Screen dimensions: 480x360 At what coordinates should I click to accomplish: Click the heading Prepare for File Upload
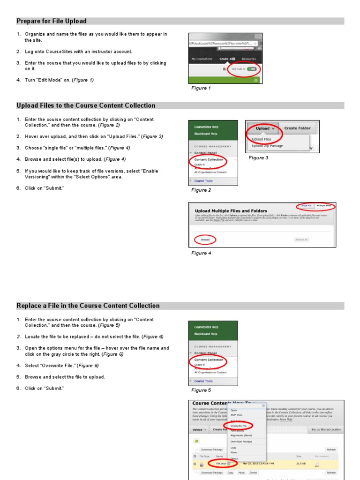pyautogui.click(x=52, y=21)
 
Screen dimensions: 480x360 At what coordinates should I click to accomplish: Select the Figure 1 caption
pyautogui.click(x=201, y=88)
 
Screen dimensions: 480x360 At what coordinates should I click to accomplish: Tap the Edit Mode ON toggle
pyautogui.click(x=251, y=68)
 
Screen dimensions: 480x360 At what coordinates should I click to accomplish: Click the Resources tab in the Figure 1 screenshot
pyautogui.click(x=249, y=59)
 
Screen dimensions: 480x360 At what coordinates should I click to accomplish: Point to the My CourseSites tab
pyautogui.click(x=202, y=59)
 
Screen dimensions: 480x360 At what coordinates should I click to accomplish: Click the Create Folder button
pyautogui.click(x=297, y=128)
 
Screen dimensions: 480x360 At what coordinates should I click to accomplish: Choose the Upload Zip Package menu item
pyautogui.click(x=268, y=146)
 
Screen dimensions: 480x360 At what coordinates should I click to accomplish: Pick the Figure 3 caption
pyautogui.click(x=258, y=158)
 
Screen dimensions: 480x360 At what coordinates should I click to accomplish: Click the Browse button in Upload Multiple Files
pyautogui.click(x=205, y=240)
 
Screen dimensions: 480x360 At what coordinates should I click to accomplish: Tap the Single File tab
pyautogui.click(x=307, y=206)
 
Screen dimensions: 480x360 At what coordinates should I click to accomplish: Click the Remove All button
pyautogui.click(x=301, y=240)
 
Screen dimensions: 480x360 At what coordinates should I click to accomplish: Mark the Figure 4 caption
pyautogui.click(x=201, y=253)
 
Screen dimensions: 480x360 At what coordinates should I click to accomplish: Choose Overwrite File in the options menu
pyautogui.click(x=239, y=426)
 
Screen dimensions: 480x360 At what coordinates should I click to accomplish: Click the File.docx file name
pyautogui.click(x=221, y=463)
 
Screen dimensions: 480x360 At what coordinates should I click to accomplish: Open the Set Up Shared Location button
pyautogui.click(x=326, y=429)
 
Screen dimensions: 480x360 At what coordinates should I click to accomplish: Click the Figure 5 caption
pyautogui.click(x=201, y=390)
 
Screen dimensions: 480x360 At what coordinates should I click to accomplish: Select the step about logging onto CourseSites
pyautogui.click(x=78, y=52)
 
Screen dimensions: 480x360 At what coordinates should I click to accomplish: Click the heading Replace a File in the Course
pyautogui.click(x=88, y=306)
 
